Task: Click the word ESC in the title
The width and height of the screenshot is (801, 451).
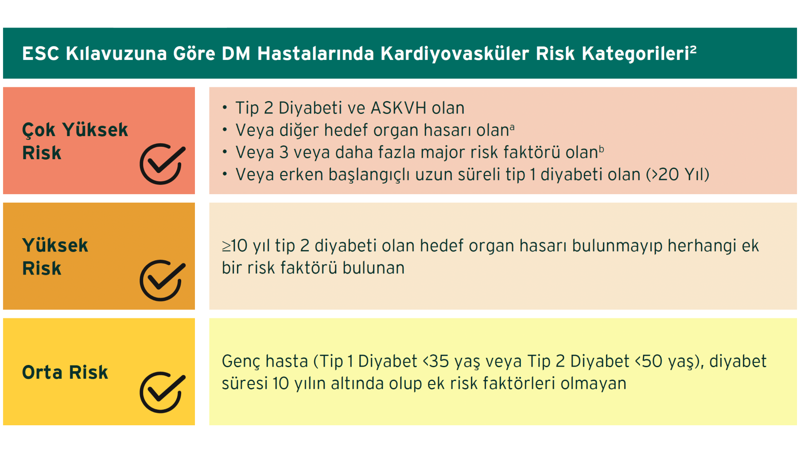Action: pyautogui.click(x=41, y=54)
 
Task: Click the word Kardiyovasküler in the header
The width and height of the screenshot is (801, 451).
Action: pyautogui.click(x=455, y=54)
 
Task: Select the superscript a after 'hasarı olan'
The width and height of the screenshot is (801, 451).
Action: pyautogui.click(x=512, y=127)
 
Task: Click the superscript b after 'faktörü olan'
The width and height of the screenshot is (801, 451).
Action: pyautogui.click(x=602, y=149)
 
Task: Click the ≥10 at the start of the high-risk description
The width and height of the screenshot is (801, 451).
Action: pyautogui.click(x=234, y=246)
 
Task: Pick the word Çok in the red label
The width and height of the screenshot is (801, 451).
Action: pyautogui.click(x=39, y=130)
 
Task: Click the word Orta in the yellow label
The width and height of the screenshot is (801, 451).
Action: pyautogui.click(x=42, y=372)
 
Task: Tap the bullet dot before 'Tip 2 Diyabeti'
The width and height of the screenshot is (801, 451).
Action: pyautogui.click(x=225, y=107)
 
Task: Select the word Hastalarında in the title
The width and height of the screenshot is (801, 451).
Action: pyautogui.click(x=315, y=54)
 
